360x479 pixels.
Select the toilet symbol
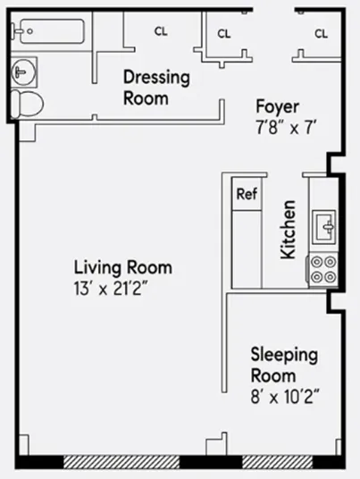pos(29,103)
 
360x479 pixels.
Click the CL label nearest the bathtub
pos(161,31)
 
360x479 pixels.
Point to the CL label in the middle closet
pos(224,33)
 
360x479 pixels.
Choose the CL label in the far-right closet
pos(321,33)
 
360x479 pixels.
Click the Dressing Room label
pos(156,88)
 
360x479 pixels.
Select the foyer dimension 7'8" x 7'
pos(285,126)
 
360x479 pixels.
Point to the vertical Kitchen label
pos(289,230)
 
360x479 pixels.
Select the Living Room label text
pos(122,267)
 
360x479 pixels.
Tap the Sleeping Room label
pos(283,365)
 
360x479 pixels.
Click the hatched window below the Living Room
pos(121,462)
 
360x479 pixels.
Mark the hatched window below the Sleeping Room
pos(277,462)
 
